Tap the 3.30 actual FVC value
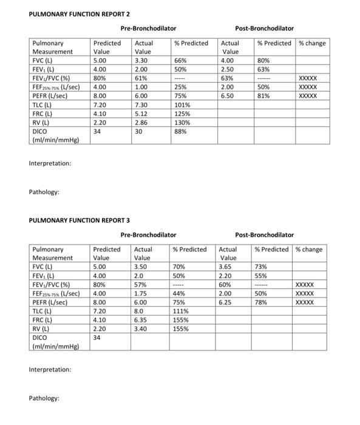(141, 61)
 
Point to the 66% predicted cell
(180, 61)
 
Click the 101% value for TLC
(183, 104)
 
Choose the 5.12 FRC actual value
(141, 113)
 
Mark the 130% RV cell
(183, 122)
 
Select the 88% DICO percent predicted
(180, 131)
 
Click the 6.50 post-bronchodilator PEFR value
(228, 95)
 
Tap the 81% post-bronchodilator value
(263, 95)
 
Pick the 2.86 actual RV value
(141, 122)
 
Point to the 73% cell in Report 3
(261, 267)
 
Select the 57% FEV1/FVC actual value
(140, 284)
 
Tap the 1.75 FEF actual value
(141, 293)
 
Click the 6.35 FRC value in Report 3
(141, 319)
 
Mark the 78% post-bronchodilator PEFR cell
(261, 302)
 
